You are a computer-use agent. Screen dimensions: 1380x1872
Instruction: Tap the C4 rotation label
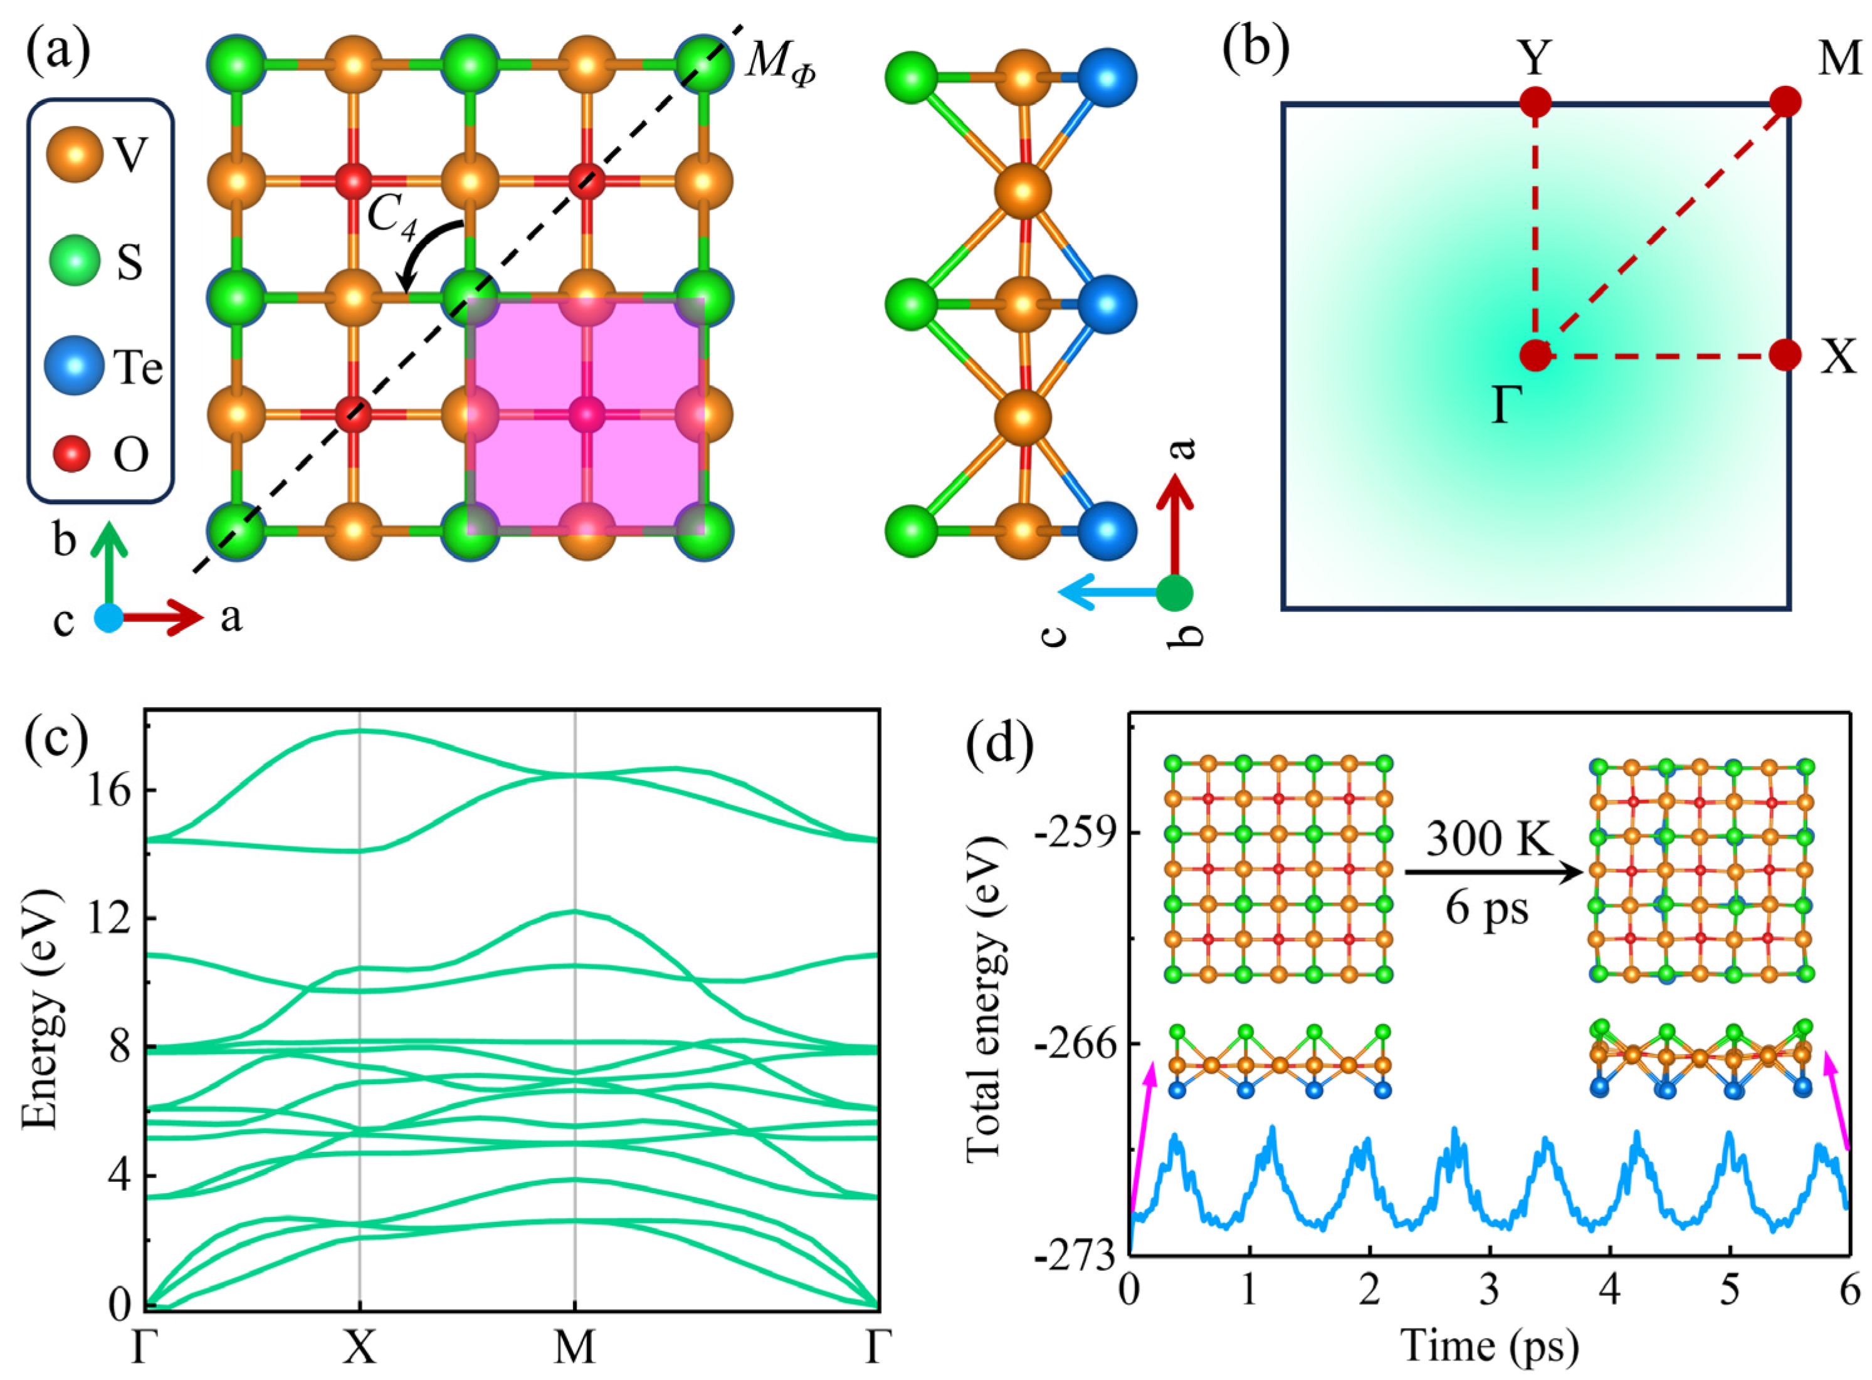392,219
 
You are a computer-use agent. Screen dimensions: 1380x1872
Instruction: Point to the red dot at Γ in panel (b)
1535,355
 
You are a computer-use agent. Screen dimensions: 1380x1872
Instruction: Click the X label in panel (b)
1838,357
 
